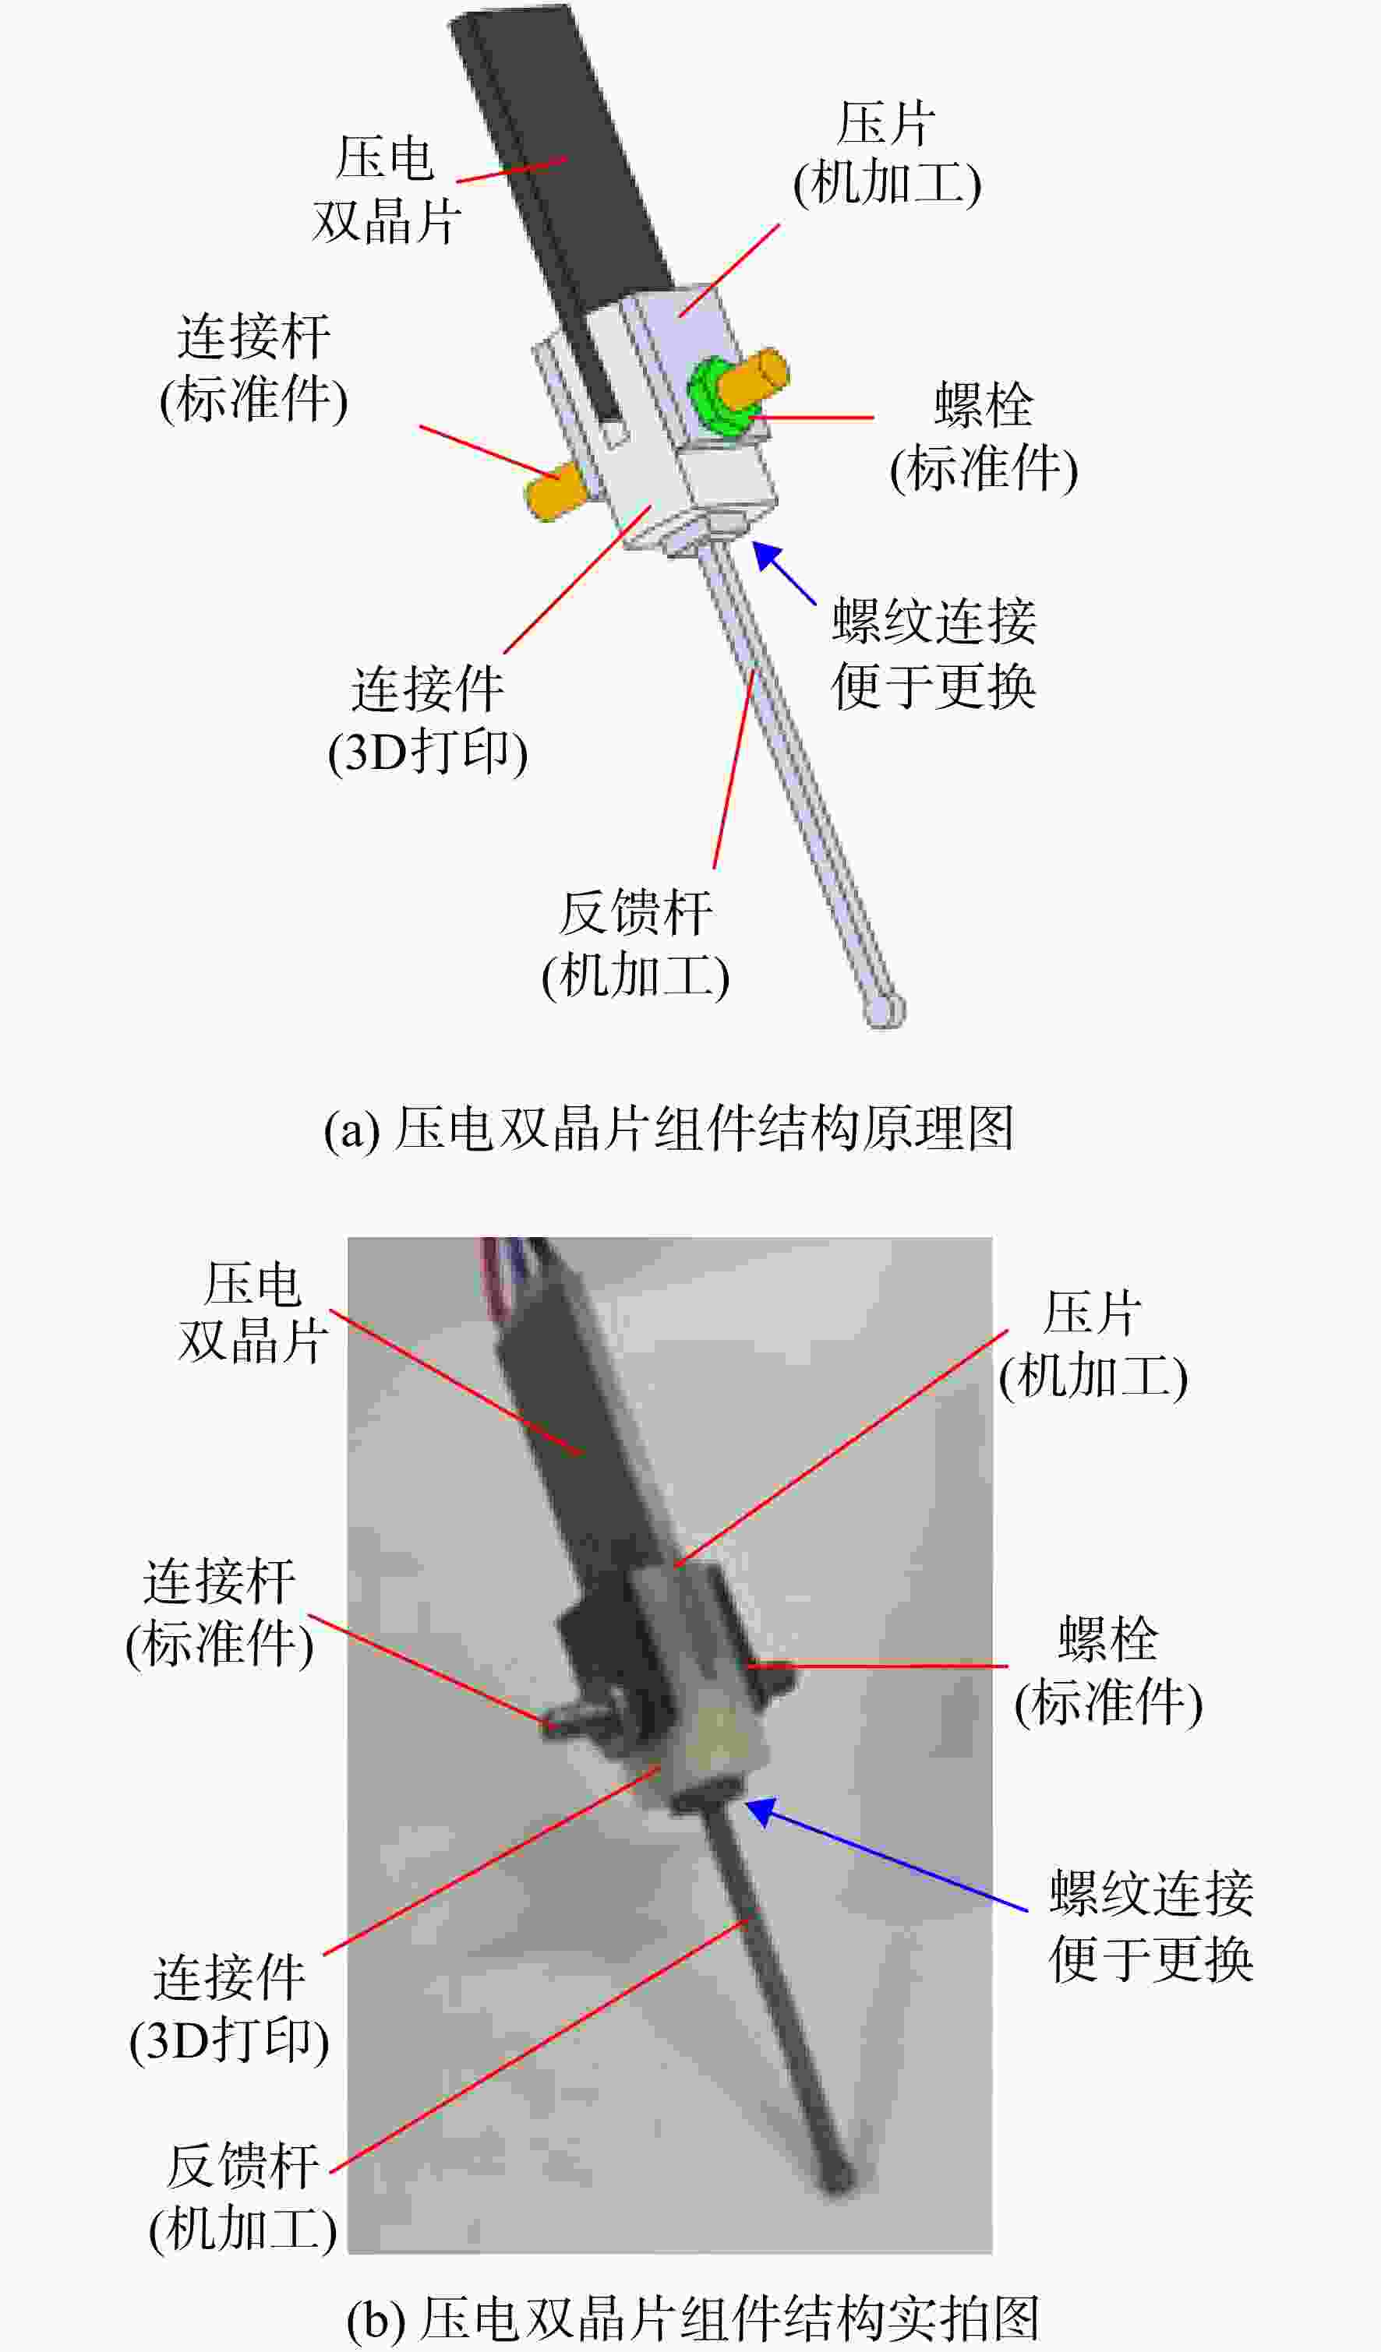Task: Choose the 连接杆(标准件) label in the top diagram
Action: (254, 368)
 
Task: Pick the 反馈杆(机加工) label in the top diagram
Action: (636, 944)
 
